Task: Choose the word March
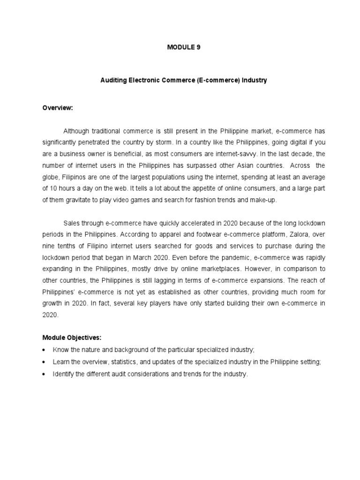[x=155, y=258]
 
